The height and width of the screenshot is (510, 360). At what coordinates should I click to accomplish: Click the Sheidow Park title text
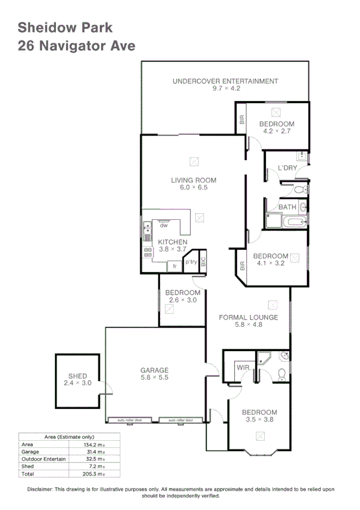click(x=65, y=27)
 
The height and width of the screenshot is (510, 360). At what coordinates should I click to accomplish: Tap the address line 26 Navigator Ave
click(x=76, y=46)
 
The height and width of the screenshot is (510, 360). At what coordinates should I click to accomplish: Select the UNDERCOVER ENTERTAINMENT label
click(x=225, y=81)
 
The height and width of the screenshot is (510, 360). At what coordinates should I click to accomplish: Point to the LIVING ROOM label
click(x=193, y=180)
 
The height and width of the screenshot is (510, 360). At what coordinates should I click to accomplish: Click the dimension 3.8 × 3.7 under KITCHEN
click(x=173, y=249)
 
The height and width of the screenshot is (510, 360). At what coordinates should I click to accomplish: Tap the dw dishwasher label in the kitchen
click(x=163, y=226)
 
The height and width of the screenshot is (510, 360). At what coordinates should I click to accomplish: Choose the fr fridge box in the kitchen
click(x=175, y=266)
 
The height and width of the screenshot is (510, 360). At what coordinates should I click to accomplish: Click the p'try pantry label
click(x=191, y=263)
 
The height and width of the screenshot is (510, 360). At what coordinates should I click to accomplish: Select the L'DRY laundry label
click(x=287, y=168)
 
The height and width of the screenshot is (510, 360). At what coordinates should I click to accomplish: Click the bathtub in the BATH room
click(x=295, y=222)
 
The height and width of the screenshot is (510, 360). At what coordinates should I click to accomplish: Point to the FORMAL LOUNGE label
click(x=248, y=317)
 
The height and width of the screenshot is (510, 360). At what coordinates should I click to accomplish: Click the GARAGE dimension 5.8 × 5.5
click(x=155, y=378)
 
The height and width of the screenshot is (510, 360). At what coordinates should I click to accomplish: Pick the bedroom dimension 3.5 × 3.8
click(x=259, y=420)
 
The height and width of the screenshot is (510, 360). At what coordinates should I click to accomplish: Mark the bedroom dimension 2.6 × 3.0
click(x=182, y=300)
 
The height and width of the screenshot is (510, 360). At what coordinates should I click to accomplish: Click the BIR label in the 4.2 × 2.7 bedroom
click(x=242, y=120)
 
